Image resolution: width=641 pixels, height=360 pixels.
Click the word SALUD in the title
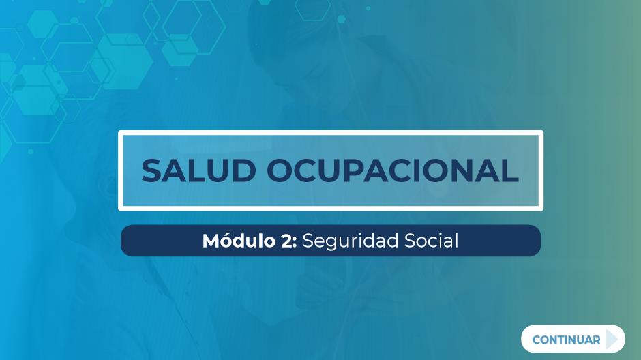point(198,170)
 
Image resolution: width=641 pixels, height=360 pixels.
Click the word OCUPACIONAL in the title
point(393,170)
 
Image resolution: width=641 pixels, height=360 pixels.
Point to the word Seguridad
point(351,241)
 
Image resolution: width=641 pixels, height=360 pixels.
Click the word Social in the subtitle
point(431,240)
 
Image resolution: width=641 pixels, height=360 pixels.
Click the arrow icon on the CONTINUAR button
point(612,339)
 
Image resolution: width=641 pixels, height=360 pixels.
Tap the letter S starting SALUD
point(152,170)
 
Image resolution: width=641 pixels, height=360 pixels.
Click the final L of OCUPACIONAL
point(511,170)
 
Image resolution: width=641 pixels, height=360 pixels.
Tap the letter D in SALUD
point(243,170)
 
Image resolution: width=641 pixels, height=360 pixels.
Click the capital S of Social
point(410,241)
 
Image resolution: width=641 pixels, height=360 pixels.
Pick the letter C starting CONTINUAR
point(537,340)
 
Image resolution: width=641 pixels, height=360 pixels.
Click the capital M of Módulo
point(213,241)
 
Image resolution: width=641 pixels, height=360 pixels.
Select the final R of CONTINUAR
point(597,340)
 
